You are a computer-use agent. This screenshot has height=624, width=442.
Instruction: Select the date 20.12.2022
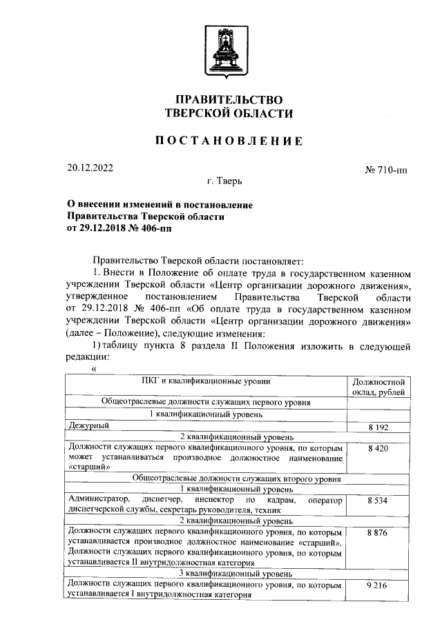[x=90, y=168]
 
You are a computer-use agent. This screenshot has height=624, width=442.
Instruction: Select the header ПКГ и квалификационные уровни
[x=206, y=381]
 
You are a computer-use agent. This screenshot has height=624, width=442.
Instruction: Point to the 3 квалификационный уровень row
[x=206, y=574]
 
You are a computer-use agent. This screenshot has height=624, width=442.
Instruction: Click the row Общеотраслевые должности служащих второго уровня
[x=206, y=477]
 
